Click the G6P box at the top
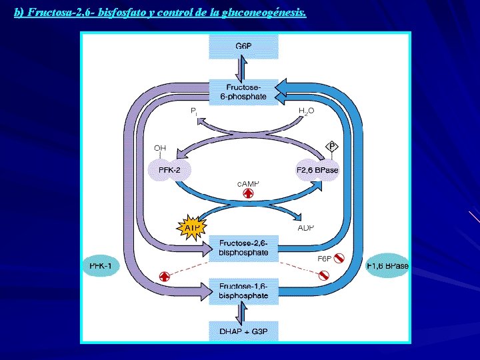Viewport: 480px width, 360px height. [x=243, y=46]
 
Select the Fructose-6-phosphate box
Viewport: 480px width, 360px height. [x=243, y=92]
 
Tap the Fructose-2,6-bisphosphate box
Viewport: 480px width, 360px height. [x=243, y=248]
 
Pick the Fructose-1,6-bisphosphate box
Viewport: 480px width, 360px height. [x=243, y=291]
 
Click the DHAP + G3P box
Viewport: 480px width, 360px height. [x=243, y=331]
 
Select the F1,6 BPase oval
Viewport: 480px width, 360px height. [x=387, y=266]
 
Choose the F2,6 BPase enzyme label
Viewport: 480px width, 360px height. [x=317, y=171]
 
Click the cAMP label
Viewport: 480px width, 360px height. [x=248, y=182]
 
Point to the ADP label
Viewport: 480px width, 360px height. [x=305, y=227]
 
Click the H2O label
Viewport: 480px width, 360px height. [x=305, y=111]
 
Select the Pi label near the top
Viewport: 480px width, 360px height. [x=193, y=111]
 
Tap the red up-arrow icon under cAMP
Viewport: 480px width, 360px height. [x=248, y=194]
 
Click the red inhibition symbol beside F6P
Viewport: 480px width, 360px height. [x=339, y=258]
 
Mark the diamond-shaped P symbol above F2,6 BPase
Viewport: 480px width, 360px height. [x=332, y=146]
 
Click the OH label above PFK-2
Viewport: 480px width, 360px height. [x=161, y=147]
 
